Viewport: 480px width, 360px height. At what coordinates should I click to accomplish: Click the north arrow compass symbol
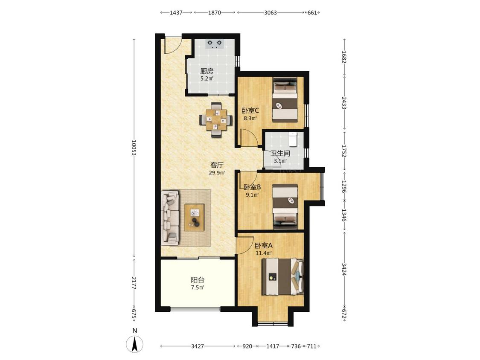point(135,344)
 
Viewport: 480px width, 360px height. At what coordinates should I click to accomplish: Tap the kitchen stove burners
point(215,44)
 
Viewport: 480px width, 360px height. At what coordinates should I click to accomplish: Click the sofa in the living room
point(170,218)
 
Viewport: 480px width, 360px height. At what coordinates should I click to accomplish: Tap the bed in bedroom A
point(282,277)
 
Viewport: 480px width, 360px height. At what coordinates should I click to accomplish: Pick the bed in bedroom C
point(285,100)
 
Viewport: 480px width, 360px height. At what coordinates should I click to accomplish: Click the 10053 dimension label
point(134,148)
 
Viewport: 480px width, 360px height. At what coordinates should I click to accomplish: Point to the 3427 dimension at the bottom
point(198,346)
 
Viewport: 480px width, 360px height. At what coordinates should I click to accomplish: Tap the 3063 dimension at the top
point(271,12)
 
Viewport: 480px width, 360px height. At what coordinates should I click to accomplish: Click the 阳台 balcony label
point(198,280)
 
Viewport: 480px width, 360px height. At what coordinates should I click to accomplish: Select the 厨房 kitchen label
point(207,71)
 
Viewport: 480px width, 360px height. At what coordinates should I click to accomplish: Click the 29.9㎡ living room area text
point(217,173)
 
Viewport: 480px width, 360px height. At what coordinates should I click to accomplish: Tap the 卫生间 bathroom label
point(280,154)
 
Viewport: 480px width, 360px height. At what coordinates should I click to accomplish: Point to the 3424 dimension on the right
point(344,270)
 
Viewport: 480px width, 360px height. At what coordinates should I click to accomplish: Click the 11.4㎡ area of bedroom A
point(264,253)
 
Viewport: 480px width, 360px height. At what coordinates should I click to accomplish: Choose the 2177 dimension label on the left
point(134,283)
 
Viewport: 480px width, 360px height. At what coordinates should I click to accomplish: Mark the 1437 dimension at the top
point(176,12)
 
